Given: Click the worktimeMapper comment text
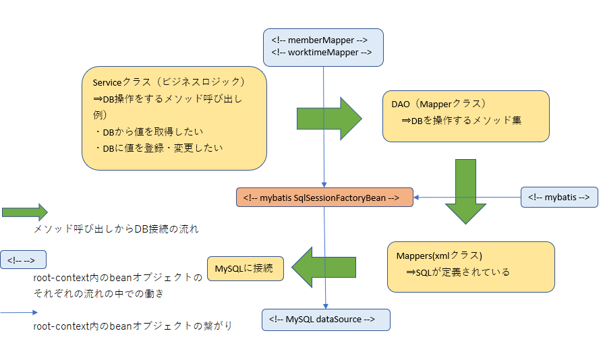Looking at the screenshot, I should tap(321, 53).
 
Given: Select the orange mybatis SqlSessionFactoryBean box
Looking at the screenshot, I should tap(324, 197).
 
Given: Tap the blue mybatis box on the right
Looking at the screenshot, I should tap(559, 197).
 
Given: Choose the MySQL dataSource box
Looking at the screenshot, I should tap(326, 319).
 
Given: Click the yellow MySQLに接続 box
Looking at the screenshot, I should tap(243, 268).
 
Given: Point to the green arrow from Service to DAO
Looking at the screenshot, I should tap(328, 118).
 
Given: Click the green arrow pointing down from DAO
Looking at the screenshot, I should tap(465, 191).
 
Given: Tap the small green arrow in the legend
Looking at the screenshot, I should tap(24, 212).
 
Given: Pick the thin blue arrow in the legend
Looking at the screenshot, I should tap(20, 313).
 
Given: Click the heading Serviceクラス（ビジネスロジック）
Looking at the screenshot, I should tap(169, 82).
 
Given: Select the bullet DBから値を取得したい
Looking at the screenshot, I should tap(149, 131).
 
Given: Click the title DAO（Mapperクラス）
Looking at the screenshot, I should tap(438, 104).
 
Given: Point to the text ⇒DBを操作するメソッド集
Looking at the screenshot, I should tap(461, 120).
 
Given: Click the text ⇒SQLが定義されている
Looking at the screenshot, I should tap(458, 272).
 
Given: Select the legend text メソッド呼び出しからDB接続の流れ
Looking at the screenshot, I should tap(116, 229).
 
